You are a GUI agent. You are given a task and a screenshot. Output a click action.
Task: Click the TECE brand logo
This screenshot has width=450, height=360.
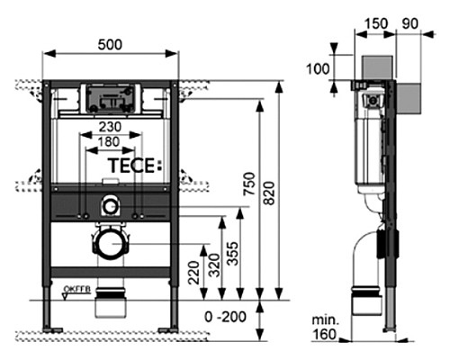(131, 166)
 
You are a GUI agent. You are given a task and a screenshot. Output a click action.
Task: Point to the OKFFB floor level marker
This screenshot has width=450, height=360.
(77, 289)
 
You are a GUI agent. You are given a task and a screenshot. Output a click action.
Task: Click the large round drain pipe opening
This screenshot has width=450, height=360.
(110, 243)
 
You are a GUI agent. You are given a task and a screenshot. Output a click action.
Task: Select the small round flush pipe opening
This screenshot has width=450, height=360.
(110, 205)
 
